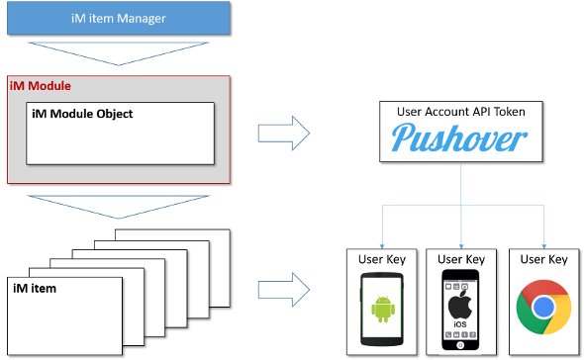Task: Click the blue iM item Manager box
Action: coord(119,18)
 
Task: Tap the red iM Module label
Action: coord(41,86)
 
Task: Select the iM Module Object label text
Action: coord(82,114)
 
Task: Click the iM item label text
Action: coord(35,289)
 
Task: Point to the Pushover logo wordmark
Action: coord(459,137)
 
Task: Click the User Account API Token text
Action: coord(461,112)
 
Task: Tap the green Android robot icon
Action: coord(383,309)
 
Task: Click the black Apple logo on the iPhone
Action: coord(460,305)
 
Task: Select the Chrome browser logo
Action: coord(543,308)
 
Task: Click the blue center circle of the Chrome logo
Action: coord(543,308)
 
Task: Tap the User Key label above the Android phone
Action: coord(382,259)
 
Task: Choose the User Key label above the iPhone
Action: coord(461,259)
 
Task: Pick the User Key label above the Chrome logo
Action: coord(543,259)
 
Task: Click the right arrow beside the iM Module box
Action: coord(284,134)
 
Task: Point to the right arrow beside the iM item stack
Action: coord(284,290)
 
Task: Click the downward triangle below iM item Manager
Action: coord(119,53)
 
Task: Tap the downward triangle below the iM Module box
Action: coord(119,207)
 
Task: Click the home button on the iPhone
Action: coord(460,345)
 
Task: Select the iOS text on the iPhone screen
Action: coord(460,324)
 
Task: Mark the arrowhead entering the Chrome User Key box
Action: coord(544,246)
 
